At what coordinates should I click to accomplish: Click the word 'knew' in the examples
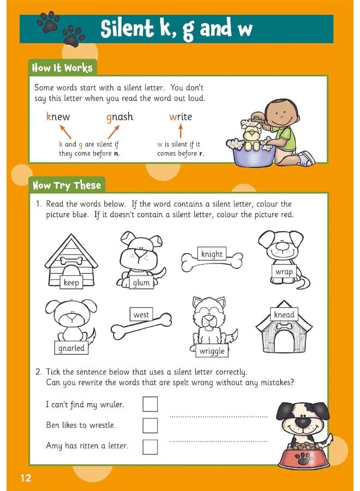coord(58,117)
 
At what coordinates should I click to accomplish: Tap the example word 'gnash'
coord(119,117)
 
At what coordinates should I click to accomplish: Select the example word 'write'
coord(181,117)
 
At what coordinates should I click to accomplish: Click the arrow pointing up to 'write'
coord(181,130)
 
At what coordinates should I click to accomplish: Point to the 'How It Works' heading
coord(62,68)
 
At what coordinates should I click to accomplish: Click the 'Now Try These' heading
coord(67,185)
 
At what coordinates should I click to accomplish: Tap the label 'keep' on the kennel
coord(71,282)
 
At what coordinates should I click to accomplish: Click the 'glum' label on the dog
coord(141,283)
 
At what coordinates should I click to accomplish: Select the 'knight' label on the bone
coord(212,254)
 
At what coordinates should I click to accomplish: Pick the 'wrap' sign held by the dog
coord(284,271)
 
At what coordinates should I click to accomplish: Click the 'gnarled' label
coord(71,348)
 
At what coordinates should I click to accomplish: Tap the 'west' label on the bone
coord(141,315)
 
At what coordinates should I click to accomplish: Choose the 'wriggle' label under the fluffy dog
coord(212,351)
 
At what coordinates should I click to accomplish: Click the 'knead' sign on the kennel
coord(284,315)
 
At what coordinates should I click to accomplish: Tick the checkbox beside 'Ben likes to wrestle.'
coord(150,426)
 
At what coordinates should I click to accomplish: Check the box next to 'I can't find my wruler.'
coord(150,404)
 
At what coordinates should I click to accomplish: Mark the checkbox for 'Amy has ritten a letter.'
coord(150,446)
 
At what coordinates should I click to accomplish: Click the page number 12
coord(26,478)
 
